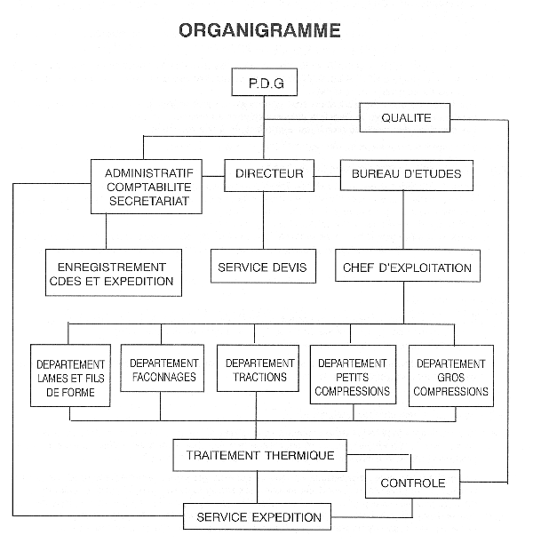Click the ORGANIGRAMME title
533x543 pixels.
(259, 30)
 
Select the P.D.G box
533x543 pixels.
(265, 82)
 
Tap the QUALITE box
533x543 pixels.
(405, 117)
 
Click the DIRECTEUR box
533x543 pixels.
(269, 176)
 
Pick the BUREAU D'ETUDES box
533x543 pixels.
(407, 176)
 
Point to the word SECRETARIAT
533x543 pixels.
(149, 201)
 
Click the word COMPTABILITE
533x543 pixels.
(149, 187)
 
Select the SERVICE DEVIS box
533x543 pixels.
(263, 267)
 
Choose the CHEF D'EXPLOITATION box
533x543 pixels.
(408, 266)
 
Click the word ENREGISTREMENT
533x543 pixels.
(112, 268)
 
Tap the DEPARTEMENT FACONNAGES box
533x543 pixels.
(162, 368)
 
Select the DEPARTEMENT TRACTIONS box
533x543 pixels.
(258, 368)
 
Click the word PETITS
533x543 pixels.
(353, 377)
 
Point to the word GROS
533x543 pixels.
(450, 378)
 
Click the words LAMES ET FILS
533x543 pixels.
(70, 379)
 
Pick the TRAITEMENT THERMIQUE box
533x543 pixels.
(260, 455)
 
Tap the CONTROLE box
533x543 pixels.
(412, 483)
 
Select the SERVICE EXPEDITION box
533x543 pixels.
(257, 516)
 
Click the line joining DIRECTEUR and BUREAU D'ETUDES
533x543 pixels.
(327, 177)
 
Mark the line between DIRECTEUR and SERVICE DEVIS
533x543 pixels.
(263, 220)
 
